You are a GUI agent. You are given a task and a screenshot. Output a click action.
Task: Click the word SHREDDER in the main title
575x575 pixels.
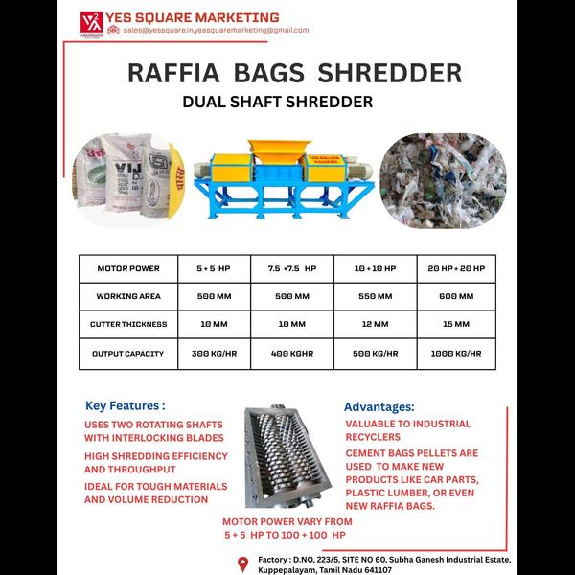pyautogui.click(x=390, y=72)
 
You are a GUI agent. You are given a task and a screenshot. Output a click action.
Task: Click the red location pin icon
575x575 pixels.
pyautogui.click(x=241, y=562)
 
